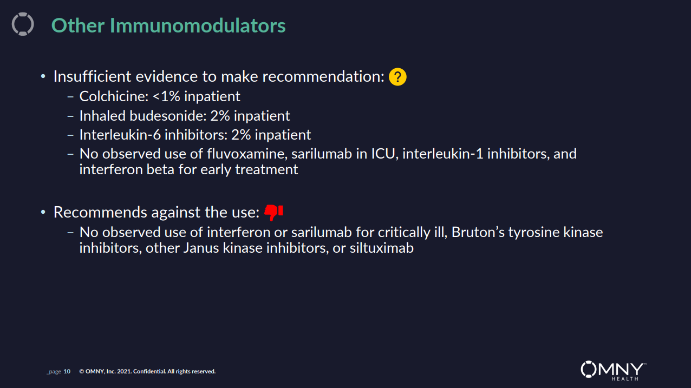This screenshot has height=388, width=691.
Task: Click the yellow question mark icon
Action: [x=397, y=77]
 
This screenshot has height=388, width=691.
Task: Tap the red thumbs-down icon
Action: [x=273, y=212]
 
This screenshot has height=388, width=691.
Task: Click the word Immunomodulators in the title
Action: [x=198, y=25]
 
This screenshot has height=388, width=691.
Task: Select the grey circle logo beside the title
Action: [x=23, y=24]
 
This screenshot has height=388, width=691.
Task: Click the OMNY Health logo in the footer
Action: [x=614, y=371]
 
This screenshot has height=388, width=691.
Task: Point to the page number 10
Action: [x=67, y=371]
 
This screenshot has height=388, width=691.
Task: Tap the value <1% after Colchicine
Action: [x=166, y=96]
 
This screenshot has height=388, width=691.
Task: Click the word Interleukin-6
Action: [x=120, y=135]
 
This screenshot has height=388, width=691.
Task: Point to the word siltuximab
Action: [x=382, y=248]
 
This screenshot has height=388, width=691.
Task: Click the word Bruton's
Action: [x=478, y=232]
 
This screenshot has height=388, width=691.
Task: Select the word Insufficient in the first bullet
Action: [x=92, y=76]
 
